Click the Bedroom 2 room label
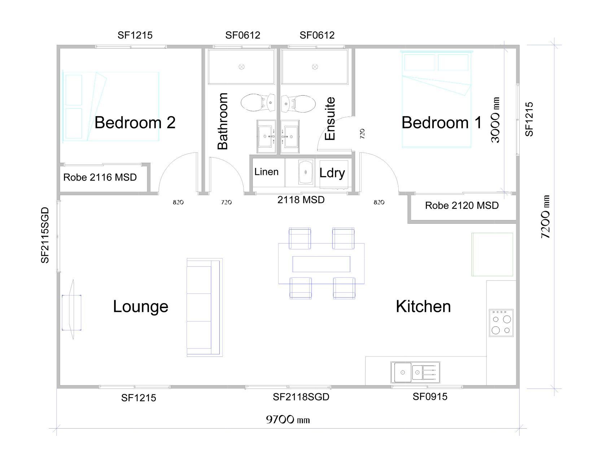click(135, 123)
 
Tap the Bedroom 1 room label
click(441, 123)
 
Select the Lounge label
click(141, 306)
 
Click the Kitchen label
click(423, 306)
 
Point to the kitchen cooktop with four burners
click(501, 323)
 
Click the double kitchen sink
click(415, 372)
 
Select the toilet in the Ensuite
click(297, 102)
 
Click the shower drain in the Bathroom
click(241, 66)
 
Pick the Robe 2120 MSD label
click(461, 206)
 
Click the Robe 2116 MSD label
click(100, 178)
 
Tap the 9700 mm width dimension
click(288, 420)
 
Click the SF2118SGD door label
click(301, 397)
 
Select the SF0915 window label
click(430, 397)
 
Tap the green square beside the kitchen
click(492, 254)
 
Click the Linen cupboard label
click(266, 172)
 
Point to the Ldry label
click(332, 173)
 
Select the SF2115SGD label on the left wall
click(45, 235)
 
